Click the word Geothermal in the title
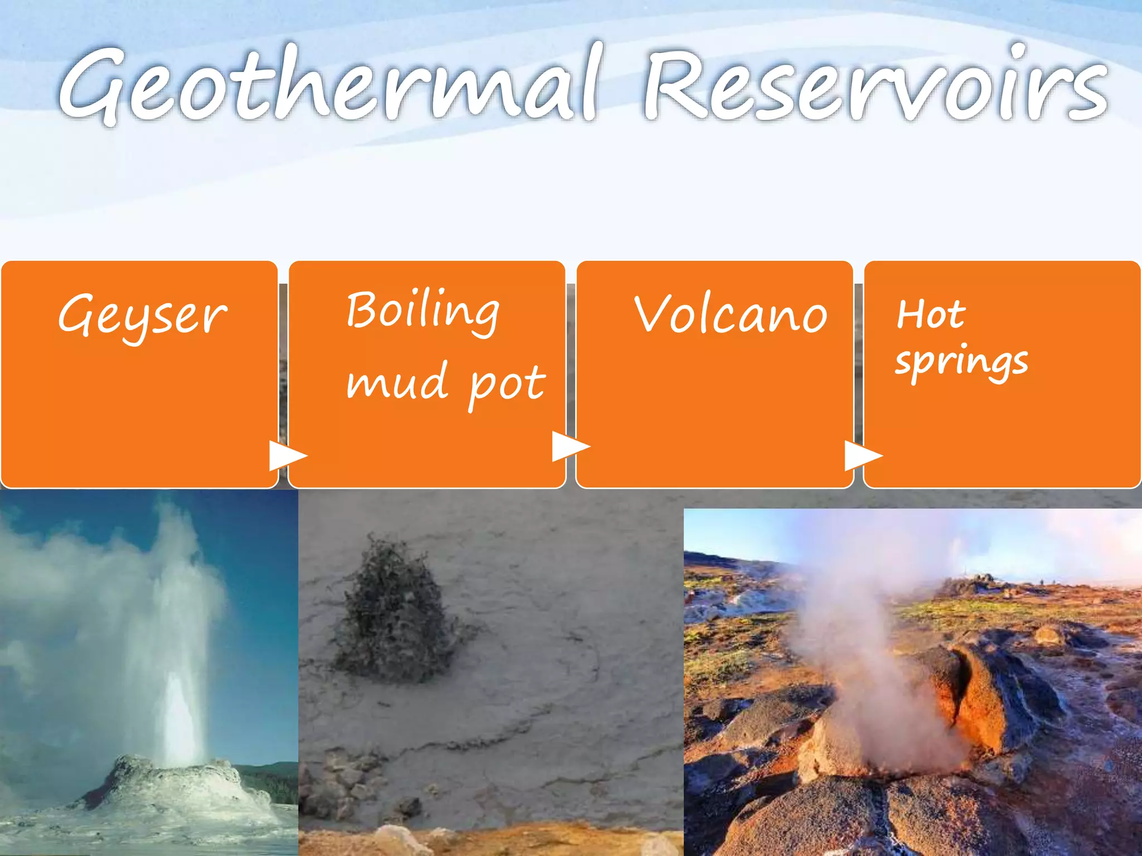[329, 84]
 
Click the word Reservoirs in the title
[875, 84]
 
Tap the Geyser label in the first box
[142, 315]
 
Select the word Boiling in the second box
[422, 311]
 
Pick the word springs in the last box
[961, 362]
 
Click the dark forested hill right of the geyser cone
[273, 780]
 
